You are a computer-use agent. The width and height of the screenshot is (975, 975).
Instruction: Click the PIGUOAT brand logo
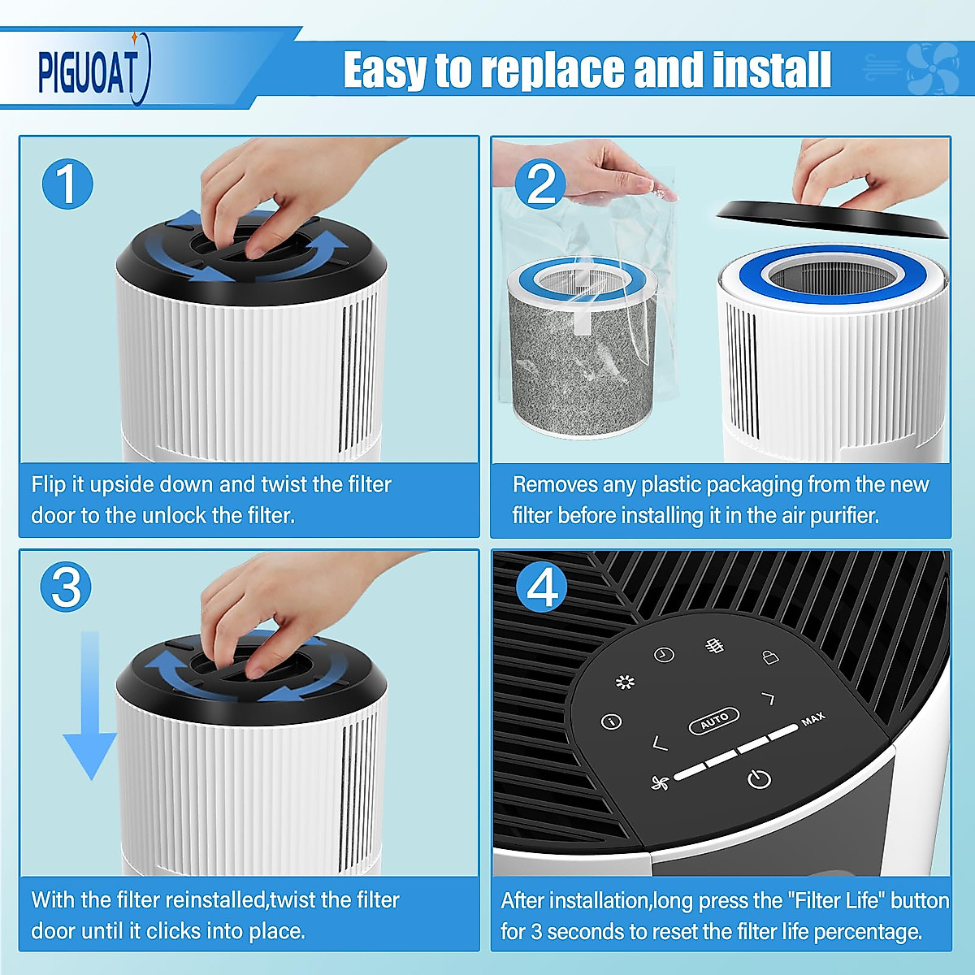[93, 71]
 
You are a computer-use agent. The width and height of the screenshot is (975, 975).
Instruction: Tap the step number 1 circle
[67, 184]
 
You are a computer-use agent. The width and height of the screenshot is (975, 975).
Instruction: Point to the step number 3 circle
[66, 587]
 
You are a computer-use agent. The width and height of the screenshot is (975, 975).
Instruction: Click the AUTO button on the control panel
[714, 721]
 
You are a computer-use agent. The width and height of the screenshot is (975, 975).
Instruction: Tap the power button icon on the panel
[759, 778]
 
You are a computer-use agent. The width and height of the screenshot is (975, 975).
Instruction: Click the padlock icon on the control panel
[770, 656]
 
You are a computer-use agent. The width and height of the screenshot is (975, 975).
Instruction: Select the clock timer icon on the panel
[664, 655]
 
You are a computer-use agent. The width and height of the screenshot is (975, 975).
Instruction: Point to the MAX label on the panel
[813, 718]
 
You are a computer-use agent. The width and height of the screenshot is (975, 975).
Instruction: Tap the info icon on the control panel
[611, 721]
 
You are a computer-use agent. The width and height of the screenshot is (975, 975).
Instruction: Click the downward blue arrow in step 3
[90, 705]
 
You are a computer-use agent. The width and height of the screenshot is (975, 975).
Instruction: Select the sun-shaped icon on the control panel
[625, 682]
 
